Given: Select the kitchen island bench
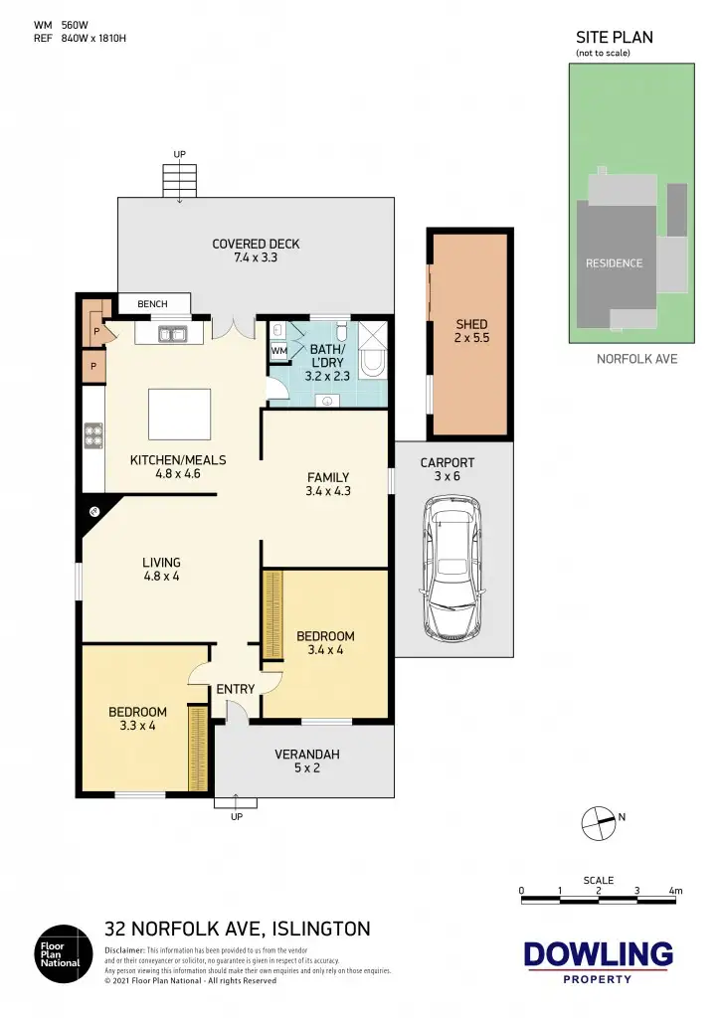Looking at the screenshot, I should coord(179,414).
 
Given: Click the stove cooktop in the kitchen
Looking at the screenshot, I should coord(93,435).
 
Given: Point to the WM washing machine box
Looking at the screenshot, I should coord(277,351).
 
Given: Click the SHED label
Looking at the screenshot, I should coord(471,324).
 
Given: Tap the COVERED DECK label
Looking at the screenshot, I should coord(256,244).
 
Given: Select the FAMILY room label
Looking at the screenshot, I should coord(327,477).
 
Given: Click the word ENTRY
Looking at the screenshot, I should coord(236,689).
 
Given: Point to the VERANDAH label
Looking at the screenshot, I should coord(307,755).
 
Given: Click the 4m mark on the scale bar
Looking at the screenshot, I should coord(675,892).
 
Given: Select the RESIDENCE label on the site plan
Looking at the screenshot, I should coord(614,263).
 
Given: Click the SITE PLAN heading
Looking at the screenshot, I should coord(615,38).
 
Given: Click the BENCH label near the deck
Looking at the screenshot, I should coord(152,303).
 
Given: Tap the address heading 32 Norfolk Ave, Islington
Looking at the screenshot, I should coord(238,930).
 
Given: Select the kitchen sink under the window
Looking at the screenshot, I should coord(172,335).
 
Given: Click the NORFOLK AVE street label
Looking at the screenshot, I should coord(636,358).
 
